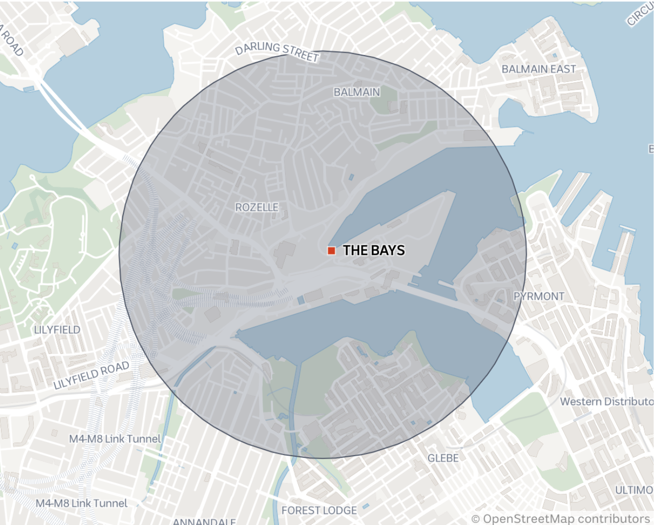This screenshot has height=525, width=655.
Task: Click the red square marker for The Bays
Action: [x=332, y=250]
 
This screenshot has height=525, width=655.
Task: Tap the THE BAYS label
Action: [x=373, y=250]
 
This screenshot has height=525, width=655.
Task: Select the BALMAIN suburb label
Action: [x=357, y=92]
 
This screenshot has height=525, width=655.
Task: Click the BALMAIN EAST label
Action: [x=539, y=69]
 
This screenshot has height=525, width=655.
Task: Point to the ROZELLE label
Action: [x=257, y=207]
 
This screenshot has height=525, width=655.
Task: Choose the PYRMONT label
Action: [x=539, y=296]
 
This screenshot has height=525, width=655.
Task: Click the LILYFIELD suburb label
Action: [x=57, y=330]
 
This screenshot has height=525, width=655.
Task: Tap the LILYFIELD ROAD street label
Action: [x=91, y=375]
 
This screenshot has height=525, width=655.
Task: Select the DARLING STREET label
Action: [x=277, y=51]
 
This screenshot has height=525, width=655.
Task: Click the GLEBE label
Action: [x=443, y=458]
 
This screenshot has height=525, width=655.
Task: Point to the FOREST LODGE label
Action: [x=319, y=510]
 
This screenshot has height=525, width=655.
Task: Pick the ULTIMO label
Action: [x=634, y=490]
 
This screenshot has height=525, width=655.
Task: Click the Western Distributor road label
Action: [x=606, y=402]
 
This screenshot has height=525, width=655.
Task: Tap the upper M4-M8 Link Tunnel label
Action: [x=115, y=439]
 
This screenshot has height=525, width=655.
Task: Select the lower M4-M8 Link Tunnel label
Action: [x=81, y=503]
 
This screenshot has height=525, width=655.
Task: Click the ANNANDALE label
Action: [x=204, y=521]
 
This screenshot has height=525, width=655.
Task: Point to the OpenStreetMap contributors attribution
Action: [x=561, y=519]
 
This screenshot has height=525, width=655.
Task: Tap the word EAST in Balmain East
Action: [x=563, y=69]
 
